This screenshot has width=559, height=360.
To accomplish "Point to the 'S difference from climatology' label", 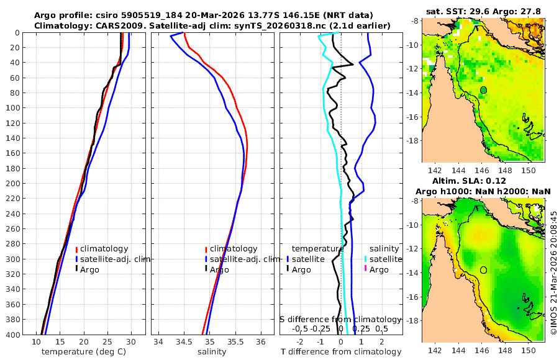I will point(340,318).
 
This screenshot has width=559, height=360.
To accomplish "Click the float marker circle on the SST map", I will point(483,90).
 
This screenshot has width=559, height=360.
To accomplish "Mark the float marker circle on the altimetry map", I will point(483,270).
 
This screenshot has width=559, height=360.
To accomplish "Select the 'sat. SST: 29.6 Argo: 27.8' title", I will point(483,12).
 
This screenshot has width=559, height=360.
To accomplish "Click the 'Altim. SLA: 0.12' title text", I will point(483,181).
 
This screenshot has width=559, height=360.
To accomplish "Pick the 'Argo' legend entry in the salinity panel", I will point(219,269).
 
